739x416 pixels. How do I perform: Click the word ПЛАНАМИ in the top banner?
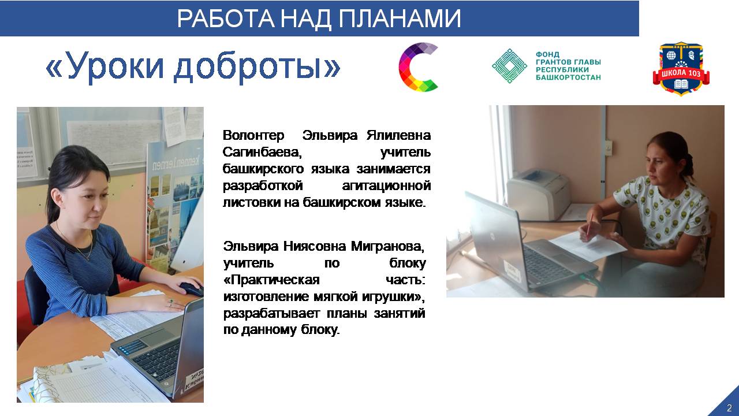[x=400, y=18]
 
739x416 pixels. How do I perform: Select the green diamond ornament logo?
[x=509, y=66]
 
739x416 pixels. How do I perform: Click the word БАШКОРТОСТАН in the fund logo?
[x=568, y=77]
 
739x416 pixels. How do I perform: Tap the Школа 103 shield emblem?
[x=681, y=69]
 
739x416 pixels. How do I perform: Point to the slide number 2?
[x=729, y=407]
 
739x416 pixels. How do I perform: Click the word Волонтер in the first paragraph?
[x=253, y=135]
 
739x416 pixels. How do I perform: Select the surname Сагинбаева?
[x=262, y=152]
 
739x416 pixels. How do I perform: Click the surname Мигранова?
[x=387, y=246]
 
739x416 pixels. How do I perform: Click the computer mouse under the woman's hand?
[x=191, y=289]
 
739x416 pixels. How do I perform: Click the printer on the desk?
[x=539, y=194]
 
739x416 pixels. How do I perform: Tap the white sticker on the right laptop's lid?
[x=512, y=269]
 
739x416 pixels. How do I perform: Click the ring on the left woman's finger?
[x=171, y=301]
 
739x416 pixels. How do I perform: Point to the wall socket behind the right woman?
[x=608, y=147]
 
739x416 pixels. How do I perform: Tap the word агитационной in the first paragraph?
[x=386, y=186]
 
